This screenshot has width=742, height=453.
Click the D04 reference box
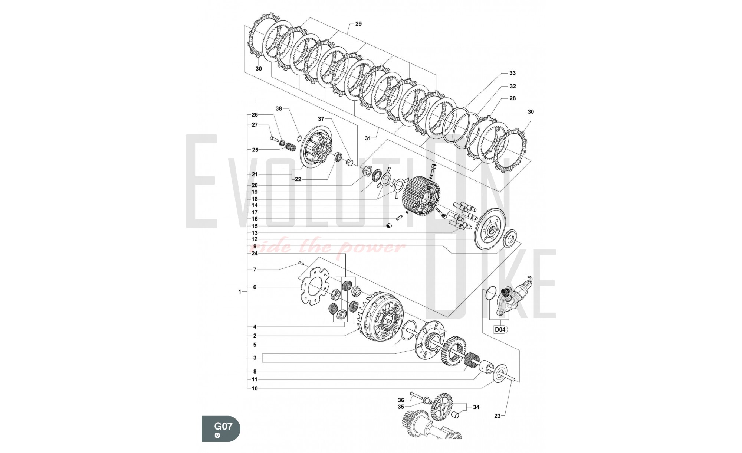coord(500,329)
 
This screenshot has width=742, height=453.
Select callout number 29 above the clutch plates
coord(358,24)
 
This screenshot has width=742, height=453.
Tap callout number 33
coord(512,73)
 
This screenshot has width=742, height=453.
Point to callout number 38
coord(279,109)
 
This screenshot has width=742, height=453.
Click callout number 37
coord(321,119)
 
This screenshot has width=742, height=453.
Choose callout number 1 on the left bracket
coord(240,292)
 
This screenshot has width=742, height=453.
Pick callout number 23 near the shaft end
coord(497,416)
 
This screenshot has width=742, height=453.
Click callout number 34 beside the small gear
coord(476,407)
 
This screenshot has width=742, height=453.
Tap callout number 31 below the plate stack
coord(367,138)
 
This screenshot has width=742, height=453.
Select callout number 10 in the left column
coord(255,389)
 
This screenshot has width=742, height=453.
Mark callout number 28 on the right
coord(512,98)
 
